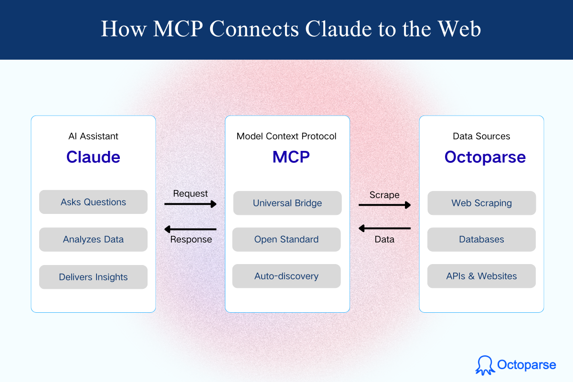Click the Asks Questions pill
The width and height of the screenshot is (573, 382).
(x=93, y=202)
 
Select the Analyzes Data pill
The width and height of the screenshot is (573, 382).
(x=93, y=240)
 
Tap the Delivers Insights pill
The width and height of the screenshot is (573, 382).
(x=93, y=277)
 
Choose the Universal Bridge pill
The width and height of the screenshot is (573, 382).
(x=287, y=203)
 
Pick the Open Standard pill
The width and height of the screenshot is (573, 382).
(x=286, y=240)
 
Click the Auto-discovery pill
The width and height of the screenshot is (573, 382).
(x=286, y=276)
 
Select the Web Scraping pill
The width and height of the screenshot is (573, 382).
(x=481, y=203)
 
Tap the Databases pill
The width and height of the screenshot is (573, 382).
(x=481, y=240)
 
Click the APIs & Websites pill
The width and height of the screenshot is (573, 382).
(x=481, y=276)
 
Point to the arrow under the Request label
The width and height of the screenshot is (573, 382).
(x=191, y=204)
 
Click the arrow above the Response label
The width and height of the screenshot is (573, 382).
(x=191, y=229)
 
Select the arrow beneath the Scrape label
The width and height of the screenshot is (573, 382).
(x=384, y=205)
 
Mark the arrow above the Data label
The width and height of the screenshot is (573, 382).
(x=384, y=228)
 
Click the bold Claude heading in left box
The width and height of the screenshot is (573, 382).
(x=93, y=157)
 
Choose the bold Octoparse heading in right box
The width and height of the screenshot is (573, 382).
(x=485, y=157)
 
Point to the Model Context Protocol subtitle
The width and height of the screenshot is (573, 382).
(x=286, y=137)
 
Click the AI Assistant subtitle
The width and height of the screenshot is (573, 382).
(x=93, y=137)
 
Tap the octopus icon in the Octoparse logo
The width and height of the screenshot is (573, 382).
(x=484, y=365)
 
